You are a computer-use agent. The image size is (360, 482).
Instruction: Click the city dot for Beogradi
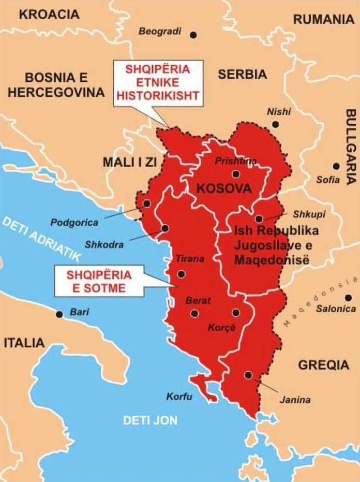[193, 35]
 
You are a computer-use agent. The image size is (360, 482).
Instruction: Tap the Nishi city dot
[275, 124]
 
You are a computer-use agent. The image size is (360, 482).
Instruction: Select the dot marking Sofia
[336, 166]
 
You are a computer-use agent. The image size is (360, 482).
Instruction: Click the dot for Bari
[59, 314]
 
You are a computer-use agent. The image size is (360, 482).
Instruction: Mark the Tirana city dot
[181, 274]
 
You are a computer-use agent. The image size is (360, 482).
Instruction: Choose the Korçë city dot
[236, 313]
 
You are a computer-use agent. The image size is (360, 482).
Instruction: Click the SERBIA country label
[242, 75]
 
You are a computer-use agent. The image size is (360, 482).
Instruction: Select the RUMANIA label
[324, 20]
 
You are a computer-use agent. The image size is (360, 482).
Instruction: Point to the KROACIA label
[50, 14]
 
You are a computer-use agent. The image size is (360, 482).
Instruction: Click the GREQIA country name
[323, 365]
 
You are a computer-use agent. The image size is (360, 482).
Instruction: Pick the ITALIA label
[24, 343]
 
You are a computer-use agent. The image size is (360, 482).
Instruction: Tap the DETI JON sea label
[150, 420]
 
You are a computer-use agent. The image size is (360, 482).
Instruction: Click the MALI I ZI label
[129, 162]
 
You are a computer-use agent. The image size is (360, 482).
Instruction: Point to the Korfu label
[179, 397]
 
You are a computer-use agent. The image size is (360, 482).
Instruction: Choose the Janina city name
[295, 400]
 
